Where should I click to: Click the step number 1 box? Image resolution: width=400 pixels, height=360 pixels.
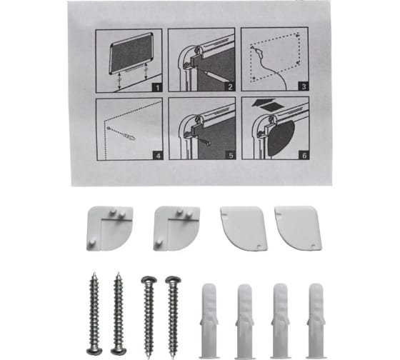[x=157, y=88]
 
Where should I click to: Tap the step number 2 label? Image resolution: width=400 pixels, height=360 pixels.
[x=230, y=87]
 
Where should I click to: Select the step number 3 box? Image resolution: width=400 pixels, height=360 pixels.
[x=304, y=86]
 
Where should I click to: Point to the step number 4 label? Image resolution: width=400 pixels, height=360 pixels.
[x=158, y=156]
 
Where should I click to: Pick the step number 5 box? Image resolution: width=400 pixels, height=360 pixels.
[x=231, y=156]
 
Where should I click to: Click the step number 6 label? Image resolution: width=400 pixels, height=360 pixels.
[x=304, y=155]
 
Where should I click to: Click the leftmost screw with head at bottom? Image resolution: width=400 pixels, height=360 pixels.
[x=94, y=314]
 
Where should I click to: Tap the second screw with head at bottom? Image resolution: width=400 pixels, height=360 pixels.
[x=118, y=314]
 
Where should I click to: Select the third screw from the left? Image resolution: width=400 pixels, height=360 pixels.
[x=149, y=316]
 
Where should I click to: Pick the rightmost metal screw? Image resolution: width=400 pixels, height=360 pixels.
[x=173, y=316]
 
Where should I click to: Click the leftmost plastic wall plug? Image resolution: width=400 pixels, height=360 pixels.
[x=210, y=321]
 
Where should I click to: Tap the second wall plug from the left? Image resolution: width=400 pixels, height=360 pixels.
[x=244, y=321]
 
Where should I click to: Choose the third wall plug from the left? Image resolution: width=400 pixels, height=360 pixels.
[x=280, y=321]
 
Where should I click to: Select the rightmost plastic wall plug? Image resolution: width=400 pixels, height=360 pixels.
[x=316, y=321]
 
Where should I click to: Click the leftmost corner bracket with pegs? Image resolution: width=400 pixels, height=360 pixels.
[x=110, y=229]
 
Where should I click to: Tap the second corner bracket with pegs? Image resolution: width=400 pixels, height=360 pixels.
[x=176, y=229]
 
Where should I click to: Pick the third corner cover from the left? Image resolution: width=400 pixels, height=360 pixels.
[x=244, y=229]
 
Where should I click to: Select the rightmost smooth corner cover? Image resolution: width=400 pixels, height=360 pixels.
[x=298, y=228]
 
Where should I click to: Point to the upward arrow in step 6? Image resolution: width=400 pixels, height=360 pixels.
[x=264, y=102]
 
